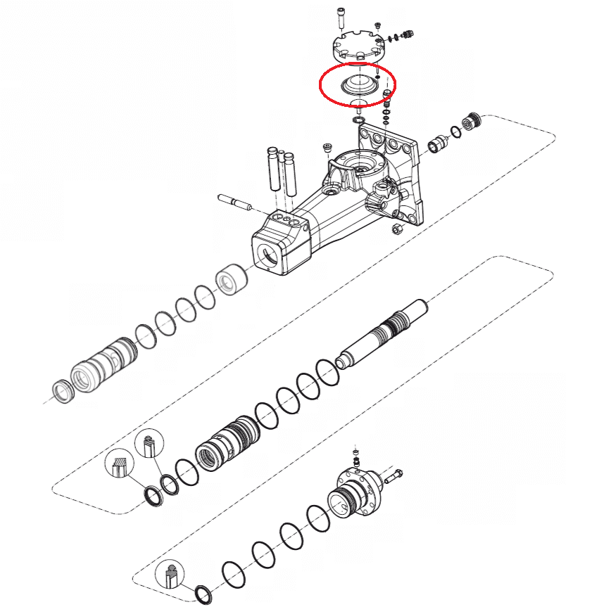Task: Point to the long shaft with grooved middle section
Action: pyautogui.click(x=384, y=330)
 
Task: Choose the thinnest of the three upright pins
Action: pyautogui.click(x=282, y=171)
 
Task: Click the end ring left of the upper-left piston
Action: pyautogui.click(x=63, y=391)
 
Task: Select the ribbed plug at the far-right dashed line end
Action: pyautogui.click(x=473, y=120)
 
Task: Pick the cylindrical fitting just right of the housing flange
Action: pyautogui.click(x=437, y=144)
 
